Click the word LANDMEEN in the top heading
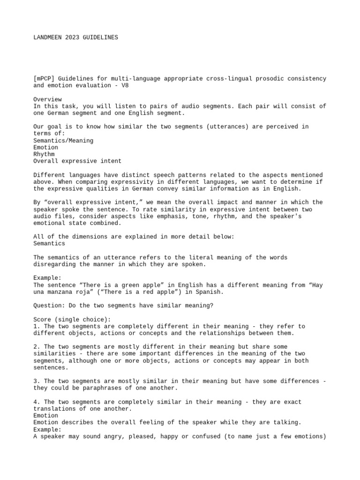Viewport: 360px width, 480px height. click(47, 37)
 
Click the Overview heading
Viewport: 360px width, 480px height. click(47, 99)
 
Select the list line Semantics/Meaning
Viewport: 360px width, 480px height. click(63, 141)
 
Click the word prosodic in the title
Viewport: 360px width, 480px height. click(248, 79)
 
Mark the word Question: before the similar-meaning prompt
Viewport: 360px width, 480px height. click(49, 306)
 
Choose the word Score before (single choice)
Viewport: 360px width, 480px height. click(42, 319)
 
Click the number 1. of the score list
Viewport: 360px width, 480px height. click(37, 326)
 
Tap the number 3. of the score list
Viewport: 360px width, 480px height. click(37, 381)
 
